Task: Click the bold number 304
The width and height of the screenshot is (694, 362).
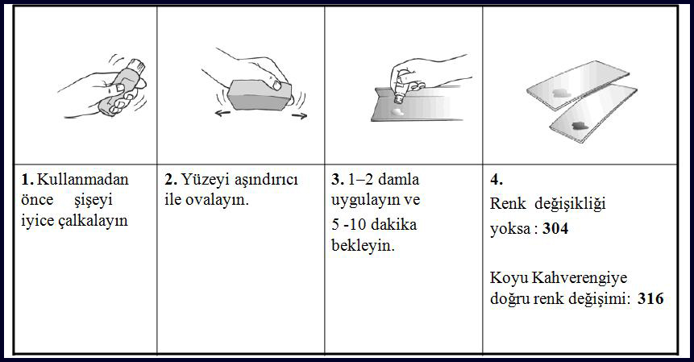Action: click(x=555, y=229)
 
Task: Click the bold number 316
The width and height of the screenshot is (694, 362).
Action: click(x=650, y=298)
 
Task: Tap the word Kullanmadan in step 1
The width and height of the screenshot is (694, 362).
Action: click(x=83, y=179)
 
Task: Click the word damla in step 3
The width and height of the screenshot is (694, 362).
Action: click(x=399, y=179)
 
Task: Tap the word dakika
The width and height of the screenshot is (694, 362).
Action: click(x=393, y=224)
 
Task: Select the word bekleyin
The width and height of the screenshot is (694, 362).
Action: click(x=363, y=246)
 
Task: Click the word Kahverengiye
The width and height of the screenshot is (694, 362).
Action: click(x=580, y=278)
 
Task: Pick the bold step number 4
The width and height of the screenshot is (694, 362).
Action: click(x=497, y=179)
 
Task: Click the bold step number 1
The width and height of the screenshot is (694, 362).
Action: click(x=27, y=179)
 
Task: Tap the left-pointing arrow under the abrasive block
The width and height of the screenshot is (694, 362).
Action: click(x=222, y=114)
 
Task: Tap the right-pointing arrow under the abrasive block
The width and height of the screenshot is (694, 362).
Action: click(x=299, y=116)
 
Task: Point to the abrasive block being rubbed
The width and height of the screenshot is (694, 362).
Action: click(x=260, y=94)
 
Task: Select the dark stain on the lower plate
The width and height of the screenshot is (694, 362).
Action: click(x=580, y=126)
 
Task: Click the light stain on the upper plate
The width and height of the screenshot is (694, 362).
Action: click(x=560, y=93)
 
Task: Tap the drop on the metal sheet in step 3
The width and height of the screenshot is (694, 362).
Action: click(x=398, y=111)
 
